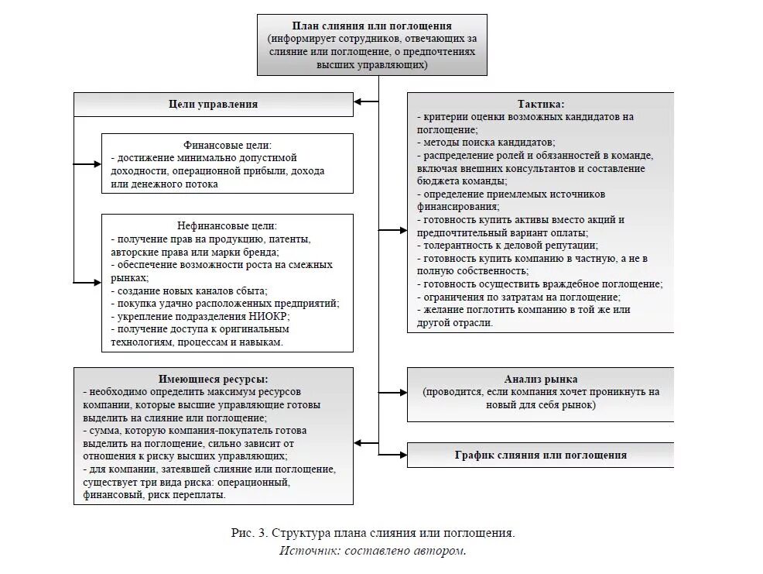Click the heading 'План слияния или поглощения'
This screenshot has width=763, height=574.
371,26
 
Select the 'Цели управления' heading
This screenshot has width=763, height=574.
213,104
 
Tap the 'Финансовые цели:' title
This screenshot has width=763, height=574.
228,145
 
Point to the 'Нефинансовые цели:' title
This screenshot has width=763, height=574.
227,225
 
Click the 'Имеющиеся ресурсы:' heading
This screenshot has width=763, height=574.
214,380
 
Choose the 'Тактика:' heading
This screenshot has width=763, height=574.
540,104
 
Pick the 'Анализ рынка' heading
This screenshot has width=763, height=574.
540,380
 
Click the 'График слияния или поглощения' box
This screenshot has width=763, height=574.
540,455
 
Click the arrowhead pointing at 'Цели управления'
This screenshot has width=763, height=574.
358,101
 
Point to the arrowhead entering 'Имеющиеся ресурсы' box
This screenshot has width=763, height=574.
358,442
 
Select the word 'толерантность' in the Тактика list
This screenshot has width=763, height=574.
457,245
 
